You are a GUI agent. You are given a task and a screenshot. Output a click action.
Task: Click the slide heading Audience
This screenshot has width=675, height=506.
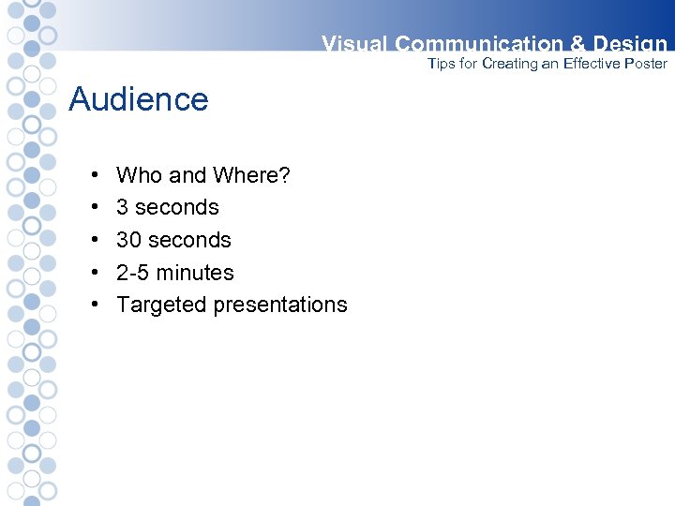click(139, 99)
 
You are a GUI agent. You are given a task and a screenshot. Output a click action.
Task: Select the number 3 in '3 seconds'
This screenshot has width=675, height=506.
click(122, 207)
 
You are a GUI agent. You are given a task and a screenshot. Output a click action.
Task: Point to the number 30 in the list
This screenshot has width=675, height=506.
click(128, 240)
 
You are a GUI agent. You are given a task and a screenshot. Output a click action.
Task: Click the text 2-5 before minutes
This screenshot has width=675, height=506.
click(132, 273)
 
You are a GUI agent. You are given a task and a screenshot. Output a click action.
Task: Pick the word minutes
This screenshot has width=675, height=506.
click(195, 273)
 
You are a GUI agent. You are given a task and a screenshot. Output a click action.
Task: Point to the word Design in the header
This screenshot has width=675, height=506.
click(630, 44)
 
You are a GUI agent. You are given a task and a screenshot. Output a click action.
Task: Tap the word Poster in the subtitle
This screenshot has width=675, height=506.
click(646, 64)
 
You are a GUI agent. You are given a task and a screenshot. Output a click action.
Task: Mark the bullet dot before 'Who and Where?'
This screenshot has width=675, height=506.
click(97, 176)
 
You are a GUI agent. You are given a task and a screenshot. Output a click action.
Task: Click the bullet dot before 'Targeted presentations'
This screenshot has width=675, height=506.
click(97, 305)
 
